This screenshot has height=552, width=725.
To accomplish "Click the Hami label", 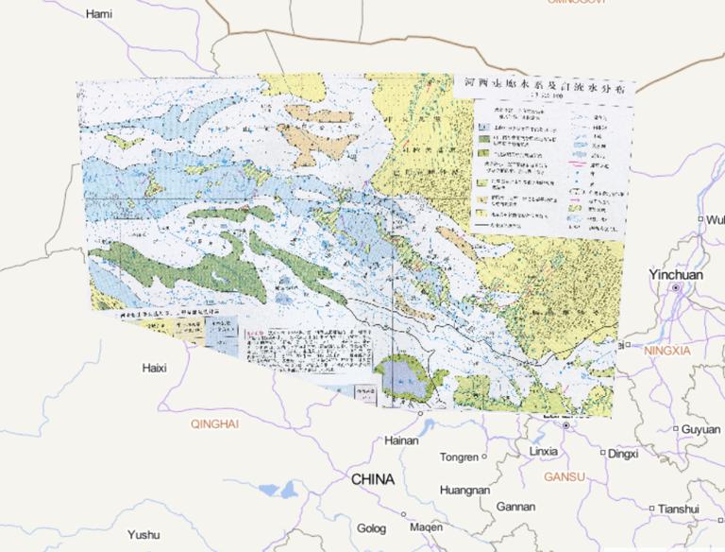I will [x=98, y=14].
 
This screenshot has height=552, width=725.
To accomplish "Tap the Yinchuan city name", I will [x=675, y=274].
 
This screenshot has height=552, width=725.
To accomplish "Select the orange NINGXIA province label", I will [x=668, y=351].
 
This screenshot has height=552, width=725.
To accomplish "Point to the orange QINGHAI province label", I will [x=214, y=424].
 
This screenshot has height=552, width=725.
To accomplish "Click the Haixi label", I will [x=154, y=367].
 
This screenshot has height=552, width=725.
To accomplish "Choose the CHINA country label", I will [x=372, y=480].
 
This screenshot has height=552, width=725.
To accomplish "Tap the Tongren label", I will [x=459, y=457].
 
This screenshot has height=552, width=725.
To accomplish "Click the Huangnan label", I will [x=464, y=491].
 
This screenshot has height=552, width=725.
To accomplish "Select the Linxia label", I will [x=543, y=451].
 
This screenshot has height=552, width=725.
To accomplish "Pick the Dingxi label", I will [x=623, y=454].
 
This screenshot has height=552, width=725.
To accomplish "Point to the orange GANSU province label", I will [x=565, y=476].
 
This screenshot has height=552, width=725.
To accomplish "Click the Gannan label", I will [x=515, y=507].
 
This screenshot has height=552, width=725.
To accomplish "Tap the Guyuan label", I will [x=700, y=429].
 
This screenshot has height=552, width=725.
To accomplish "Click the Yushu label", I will [x=143, y=534].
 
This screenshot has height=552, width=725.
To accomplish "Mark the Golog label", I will [x=372, y=527].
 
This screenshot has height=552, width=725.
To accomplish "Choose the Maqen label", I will [x=426, y=527].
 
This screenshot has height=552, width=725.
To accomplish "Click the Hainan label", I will [x=401, y=440].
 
